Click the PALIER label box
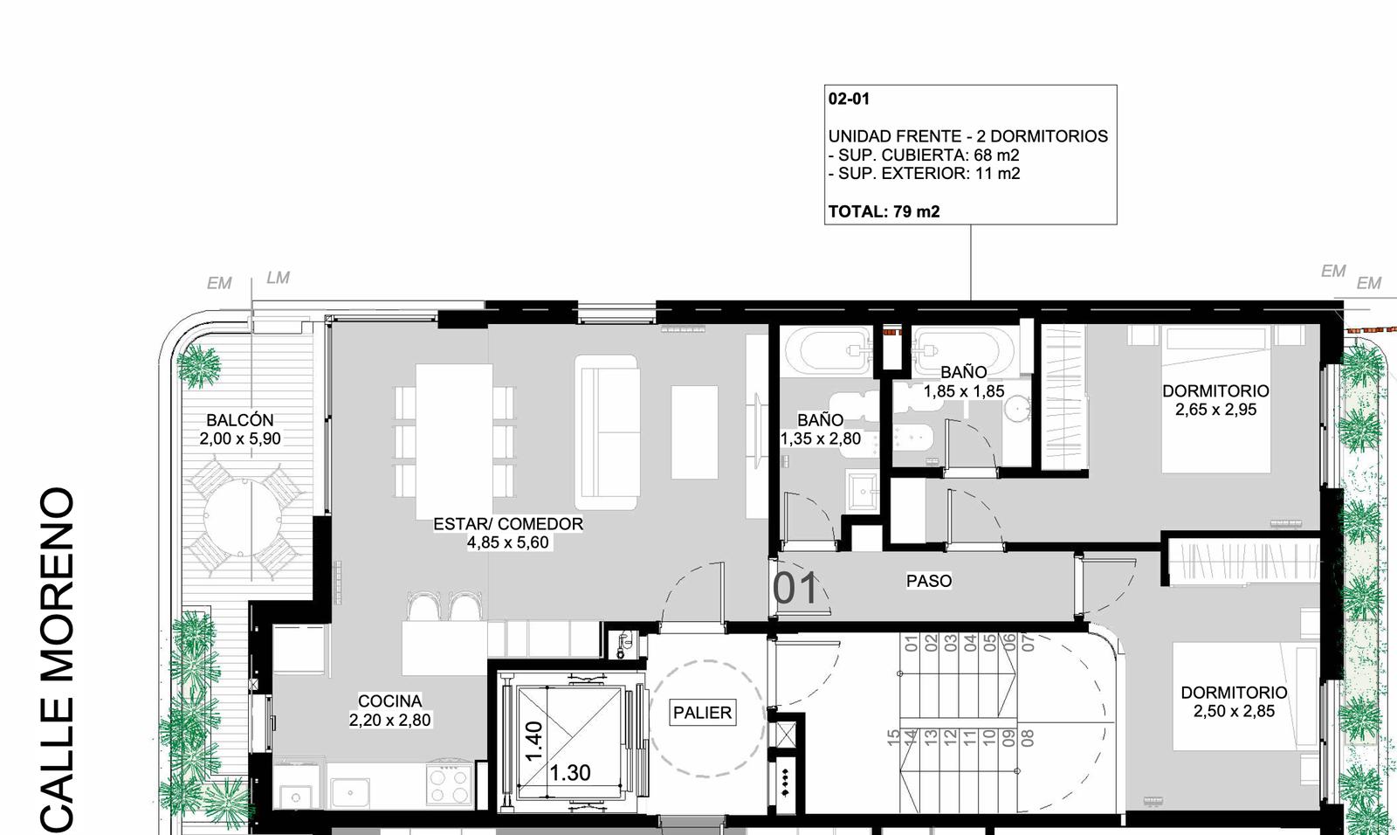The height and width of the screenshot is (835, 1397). click(x=702, y=713)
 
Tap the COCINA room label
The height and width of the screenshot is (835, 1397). click(x=389, y=700)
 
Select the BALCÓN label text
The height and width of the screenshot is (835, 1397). click(x=240, y=420)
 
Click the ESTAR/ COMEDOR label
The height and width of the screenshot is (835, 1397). click(x=508, y=523)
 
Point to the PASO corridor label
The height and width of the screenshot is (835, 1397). click(x=929, y=581)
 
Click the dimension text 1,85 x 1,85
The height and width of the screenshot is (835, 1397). click(x=964, y=391)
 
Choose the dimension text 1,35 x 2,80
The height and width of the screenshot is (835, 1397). click(x=821, y=438)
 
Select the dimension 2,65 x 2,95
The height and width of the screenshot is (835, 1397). click(x=1215, y=410)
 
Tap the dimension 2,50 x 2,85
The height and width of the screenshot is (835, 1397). click(x=1235, y=712)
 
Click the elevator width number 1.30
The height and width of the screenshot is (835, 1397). click(x=570, y=773)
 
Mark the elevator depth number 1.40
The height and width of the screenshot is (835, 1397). click(x=534, y=742)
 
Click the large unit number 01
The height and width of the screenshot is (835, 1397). click(x=795, y=589)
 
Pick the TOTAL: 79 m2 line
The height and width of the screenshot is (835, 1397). click(x=884, y=211)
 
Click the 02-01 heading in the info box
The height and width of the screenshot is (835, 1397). click(x=849, y=99)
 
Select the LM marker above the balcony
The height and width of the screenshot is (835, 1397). click(x=279, y=278)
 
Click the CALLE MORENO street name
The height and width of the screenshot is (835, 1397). click(x=58, y=660)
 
